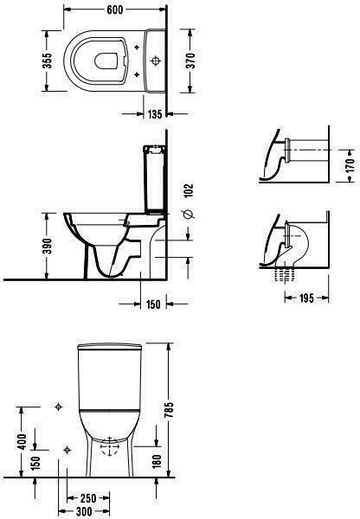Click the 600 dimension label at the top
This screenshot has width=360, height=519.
(114, 10)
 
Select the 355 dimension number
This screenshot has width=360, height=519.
(48, 61)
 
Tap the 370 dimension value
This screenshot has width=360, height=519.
(190, 61)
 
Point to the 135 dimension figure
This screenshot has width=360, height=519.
(155, 114)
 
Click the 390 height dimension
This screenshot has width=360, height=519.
(48, 246)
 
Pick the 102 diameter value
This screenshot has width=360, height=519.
(189, 190)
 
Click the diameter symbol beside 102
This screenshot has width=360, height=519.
(189, 215)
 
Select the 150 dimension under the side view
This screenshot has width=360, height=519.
(153, 304)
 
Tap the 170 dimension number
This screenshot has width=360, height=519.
(350, 165)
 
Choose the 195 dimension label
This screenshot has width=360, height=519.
(306, 298)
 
